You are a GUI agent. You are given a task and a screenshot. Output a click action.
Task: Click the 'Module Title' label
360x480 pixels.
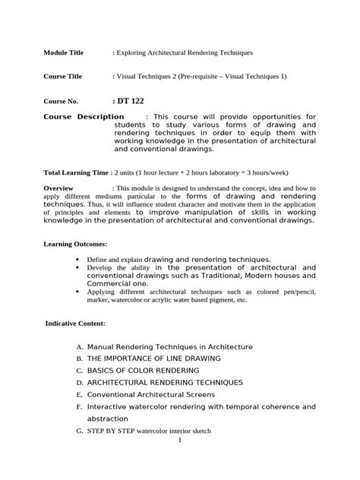tap(64, 52)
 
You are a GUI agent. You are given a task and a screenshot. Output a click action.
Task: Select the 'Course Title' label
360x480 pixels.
tap(63, 77)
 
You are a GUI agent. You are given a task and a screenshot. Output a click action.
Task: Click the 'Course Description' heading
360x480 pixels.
tap(84, 116)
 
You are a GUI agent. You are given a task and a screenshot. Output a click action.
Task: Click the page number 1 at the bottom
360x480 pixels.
tap(180, 440)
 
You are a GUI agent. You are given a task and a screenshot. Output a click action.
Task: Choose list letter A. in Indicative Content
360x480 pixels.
tap(79, 346)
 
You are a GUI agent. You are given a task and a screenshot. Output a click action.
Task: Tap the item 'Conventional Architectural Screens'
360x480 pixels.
tap(151, 395)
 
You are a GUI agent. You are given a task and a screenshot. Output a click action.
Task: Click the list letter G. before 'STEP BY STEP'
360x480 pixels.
tap(79, 431)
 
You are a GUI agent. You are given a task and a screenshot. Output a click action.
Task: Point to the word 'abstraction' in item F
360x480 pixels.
tap(109, 418)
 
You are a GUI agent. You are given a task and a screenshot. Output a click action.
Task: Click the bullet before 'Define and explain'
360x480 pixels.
tap(79, 259)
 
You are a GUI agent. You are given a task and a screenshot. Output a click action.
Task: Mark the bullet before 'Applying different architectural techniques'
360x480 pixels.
tap(79, 291)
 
